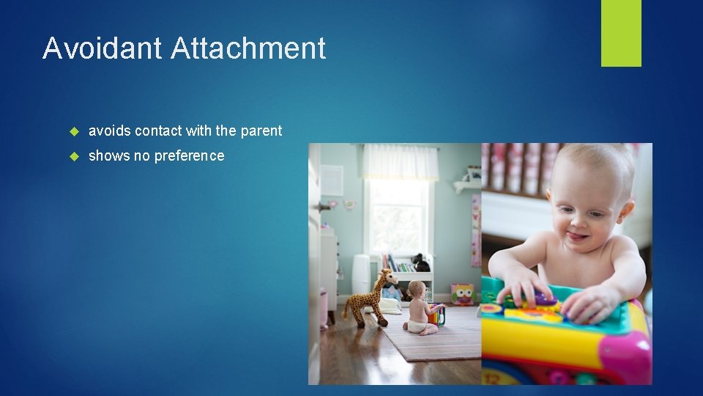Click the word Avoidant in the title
click(103, 48)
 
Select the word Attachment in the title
click(248, 48)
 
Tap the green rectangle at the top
click(621, 32)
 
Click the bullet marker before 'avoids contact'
click(73, 131)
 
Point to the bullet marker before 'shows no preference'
click(73, 156)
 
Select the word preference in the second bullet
click(187, 156)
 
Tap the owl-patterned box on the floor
click(463, 294)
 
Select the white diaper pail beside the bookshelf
click(361, 274)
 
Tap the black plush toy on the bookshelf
click(420, 263)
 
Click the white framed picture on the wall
click(331, 180)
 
